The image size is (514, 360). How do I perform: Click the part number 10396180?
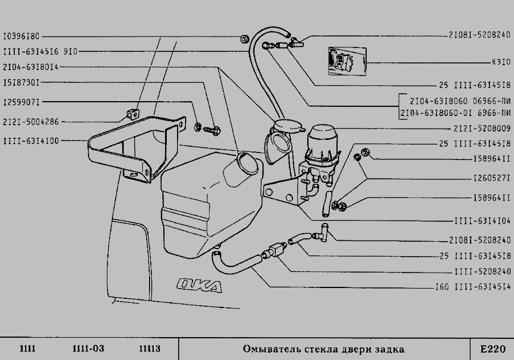(x=21, y=36)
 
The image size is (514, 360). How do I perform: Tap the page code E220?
(x=492, y=349)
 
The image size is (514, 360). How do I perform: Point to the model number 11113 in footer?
(x=150, y=349)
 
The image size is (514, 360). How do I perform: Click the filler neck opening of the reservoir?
(x=247, y=162)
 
